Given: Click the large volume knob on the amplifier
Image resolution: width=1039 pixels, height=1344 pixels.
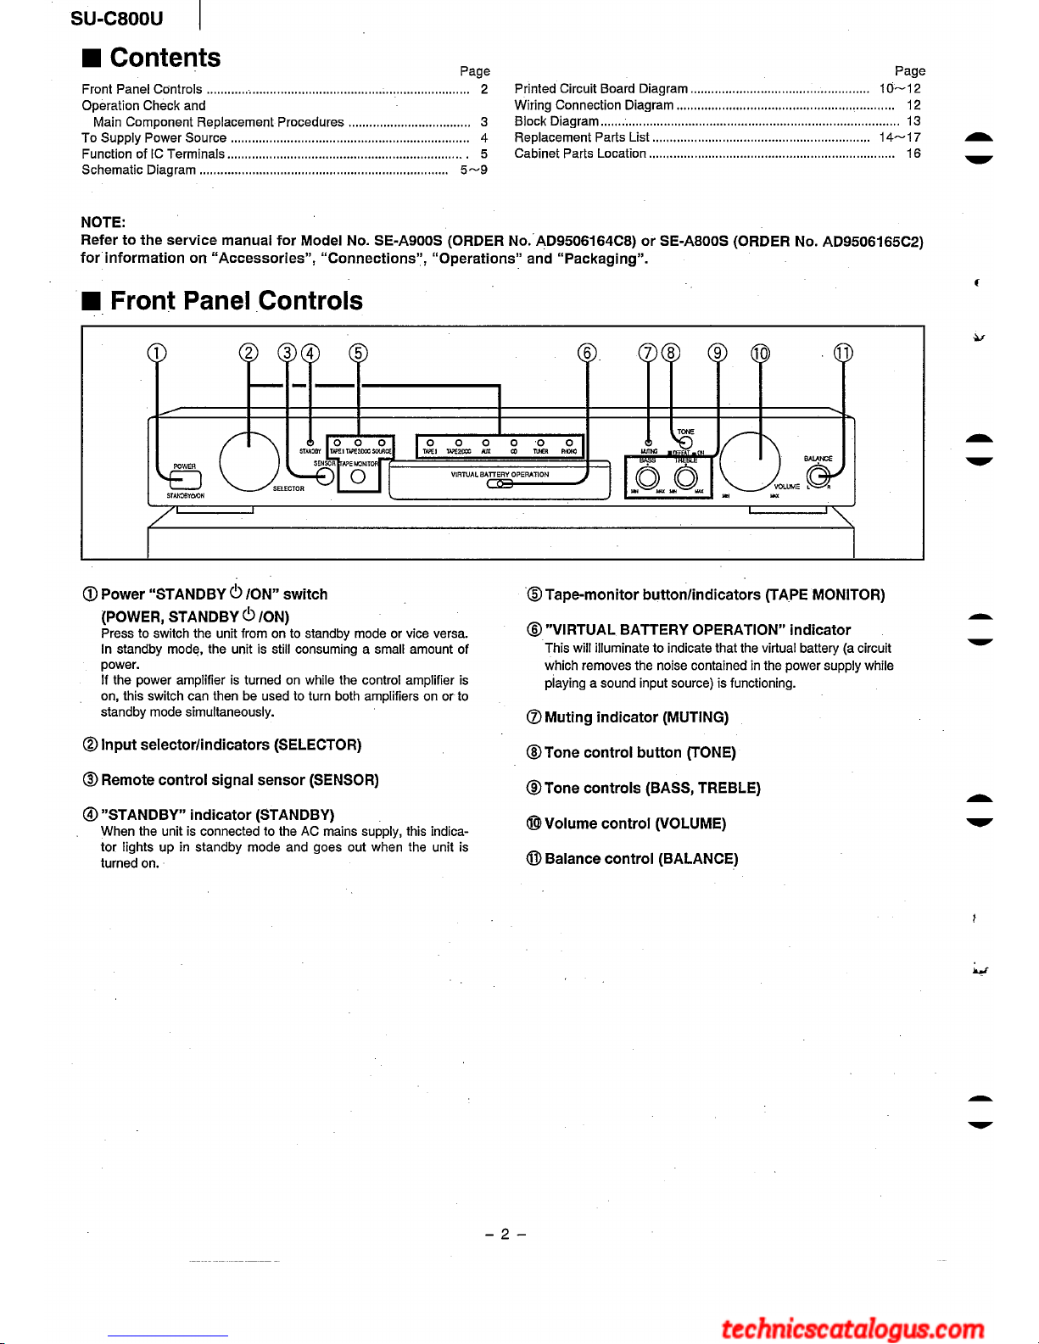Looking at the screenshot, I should (750, 461).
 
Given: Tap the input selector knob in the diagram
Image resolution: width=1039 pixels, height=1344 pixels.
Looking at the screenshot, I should (249, 461).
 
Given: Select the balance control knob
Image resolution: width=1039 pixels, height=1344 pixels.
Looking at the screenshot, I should (818, 474).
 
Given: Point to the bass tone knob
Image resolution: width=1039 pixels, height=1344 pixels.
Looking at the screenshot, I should (647, 479).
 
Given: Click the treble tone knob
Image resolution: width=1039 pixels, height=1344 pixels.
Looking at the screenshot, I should (685, 479).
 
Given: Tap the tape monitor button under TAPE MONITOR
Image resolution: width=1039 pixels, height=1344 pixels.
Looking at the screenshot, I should (358, 477).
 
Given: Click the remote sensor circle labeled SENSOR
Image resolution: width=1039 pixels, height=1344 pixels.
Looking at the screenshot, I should (324, 477).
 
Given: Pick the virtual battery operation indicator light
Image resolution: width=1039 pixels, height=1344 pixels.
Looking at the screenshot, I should (500, 484).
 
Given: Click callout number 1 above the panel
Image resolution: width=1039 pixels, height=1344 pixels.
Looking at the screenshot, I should (157, 353).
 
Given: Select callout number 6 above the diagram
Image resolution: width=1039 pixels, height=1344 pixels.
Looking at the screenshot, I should (587, 353).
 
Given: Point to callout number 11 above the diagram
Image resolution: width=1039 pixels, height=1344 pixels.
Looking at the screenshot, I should (843, 353).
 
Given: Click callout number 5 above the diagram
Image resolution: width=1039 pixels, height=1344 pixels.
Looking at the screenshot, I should (358, 353).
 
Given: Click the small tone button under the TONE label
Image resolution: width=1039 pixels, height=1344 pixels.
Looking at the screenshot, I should (685, 441).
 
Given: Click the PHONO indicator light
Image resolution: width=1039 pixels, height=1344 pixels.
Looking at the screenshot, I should (568, 443).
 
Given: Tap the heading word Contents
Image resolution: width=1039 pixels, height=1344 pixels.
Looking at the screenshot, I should (165, 58).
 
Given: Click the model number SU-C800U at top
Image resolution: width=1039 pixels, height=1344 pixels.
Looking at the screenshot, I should (117, 19).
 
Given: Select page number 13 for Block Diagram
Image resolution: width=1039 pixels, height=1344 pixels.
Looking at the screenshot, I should (913, 121).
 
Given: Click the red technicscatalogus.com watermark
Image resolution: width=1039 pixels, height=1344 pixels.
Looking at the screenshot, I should (852, 1328).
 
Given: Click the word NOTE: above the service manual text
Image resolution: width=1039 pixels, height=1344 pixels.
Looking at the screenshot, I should (103, 222).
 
